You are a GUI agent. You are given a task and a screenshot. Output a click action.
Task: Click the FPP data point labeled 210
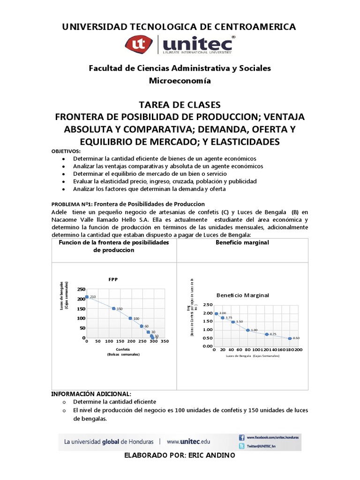tap(87, 297)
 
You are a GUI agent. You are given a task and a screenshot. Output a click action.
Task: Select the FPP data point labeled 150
tap(113, 308)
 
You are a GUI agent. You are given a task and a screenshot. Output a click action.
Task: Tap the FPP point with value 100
tap(130, 318)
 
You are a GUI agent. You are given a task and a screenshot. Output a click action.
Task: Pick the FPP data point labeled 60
tap(142, 326)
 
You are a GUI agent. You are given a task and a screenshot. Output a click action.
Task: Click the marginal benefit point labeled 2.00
tap(217, 314)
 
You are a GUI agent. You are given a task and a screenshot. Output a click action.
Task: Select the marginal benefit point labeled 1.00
tap(248, 330)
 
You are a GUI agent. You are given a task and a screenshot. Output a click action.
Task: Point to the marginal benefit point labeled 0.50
tap(290, 338)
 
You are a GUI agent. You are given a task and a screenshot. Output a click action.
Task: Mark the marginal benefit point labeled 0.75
tap(267, 334)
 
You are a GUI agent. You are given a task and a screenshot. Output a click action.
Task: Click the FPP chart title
tap(113, 279)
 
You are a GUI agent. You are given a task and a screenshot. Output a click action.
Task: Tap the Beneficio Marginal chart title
tap(243, 295)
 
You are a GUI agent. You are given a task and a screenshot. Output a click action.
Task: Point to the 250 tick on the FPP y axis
tap(82, 289)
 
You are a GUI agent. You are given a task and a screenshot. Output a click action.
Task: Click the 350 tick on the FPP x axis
tap(165, 342)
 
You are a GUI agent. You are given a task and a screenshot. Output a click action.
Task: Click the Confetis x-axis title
tap(123, 349)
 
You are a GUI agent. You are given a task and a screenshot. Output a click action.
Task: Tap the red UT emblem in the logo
tap(139, 45)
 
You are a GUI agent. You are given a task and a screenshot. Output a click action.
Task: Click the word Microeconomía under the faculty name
tap(180, 81)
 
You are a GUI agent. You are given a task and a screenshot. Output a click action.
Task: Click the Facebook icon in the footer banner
tap(242, 436)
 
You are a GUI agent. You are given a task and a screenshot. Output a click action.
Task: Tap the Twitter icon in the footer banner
tap(242, 446)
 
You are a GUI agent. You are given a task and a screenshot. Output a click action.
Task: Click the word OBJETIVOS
tap(66, 151)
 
